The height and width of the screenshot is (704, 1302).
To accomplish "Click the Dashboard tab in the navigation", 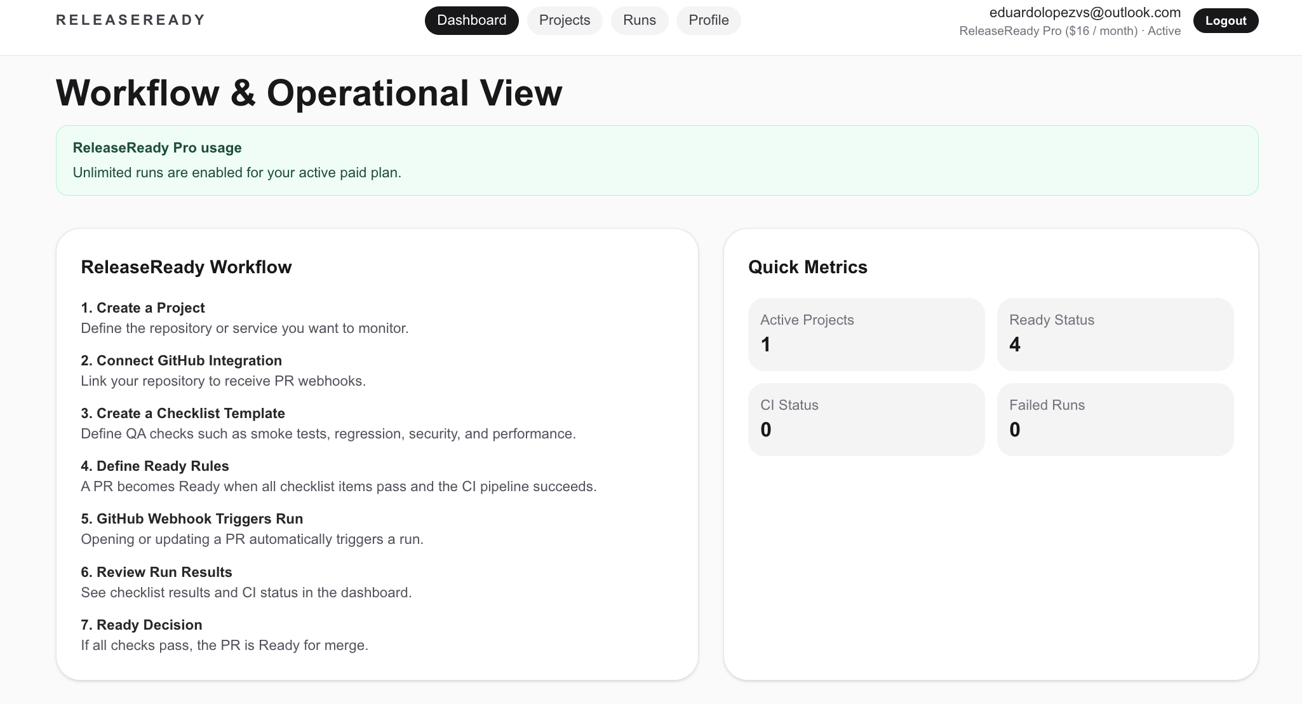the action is pyautogui.click(x=471, y=20).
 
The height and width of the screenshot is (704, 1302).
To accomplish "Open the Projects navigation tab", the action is pyautogui.click(x=565, y=20).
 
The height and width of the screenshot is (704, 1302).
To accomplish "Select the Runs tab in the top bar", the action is pyautogui.click(x=640, y=20).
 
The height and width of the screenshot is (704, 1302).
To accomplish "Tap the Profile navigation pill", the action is pyautogui.click(x=709, y=20).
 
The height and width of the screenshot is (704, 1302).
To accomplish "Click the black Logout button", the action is pyautogui.click(x=1226, y=20).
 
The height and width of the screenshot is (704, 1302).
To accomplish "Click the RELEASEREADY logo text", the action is pyautogui.click(x=131, y=20).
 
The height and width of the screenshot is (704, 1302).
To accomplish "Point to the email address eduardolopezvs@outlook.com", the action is pyautogui.click(x=1085, y=13).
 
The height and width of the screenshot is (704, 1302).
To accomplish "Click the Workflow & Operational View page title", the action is pyautogui.click(x=309, y=93).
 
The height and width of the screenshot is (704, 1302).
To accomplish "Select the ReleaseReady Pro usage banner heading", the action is pyautogui.click(x=157, y=148).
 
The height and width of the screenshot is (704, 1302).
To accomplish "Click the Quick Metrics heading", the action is pyautogui.click(x=808, y=267).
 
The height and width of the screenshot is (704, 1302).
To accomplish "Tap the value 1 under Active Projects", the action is pyautogui.click(x=766, y=344).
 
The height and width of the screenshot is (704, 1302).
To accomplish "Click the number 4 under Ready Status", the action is pyautogui.click(x=1015, y=344).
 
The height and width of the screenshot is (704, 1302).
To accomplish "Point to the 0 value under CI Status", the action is pyautogui.click(x=766, y=430).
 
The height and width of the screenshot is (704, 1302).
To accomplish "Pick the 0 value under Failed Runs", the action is pyautogui.click(x=1015, y=430).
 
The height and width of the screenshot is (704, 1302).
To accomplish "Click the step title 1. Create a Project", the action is pyautogui.click(x=143, y=308).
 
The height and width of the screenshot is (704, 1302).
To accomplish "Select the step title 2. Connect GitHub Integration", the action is pyautogui.click(x=181, y=361).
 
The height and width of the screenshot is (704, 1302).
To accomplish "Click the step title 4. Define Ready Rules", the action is pyautogui.click(x=155, y=466).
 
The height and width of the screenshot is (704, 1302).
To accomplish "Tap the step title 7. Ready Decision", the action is pyautogui.click(x=142, y=625).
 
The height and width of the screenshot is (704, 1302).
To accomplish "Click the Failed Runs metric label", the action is pyautogui.click(x=1047, y=405).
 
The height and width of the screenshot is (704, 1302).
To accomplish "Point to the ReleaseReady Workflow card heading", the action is pyautogui.click(x=186, y=267).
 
